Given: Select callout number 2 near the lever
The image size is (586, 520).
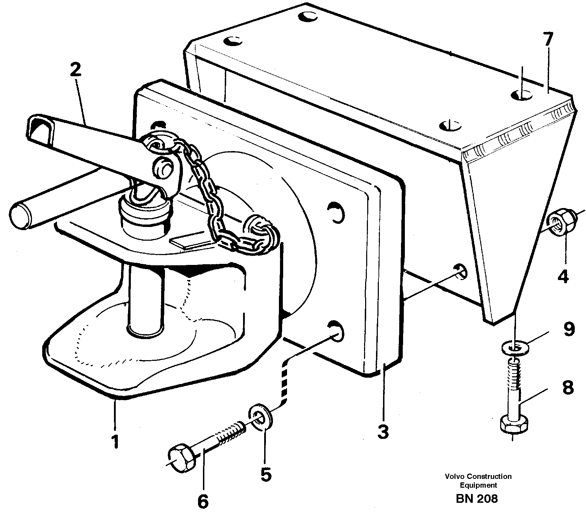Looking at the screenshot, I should tap(75, 70).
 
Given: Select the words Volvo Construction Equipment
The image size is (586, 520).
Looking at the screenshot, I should tap(478, 481).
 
